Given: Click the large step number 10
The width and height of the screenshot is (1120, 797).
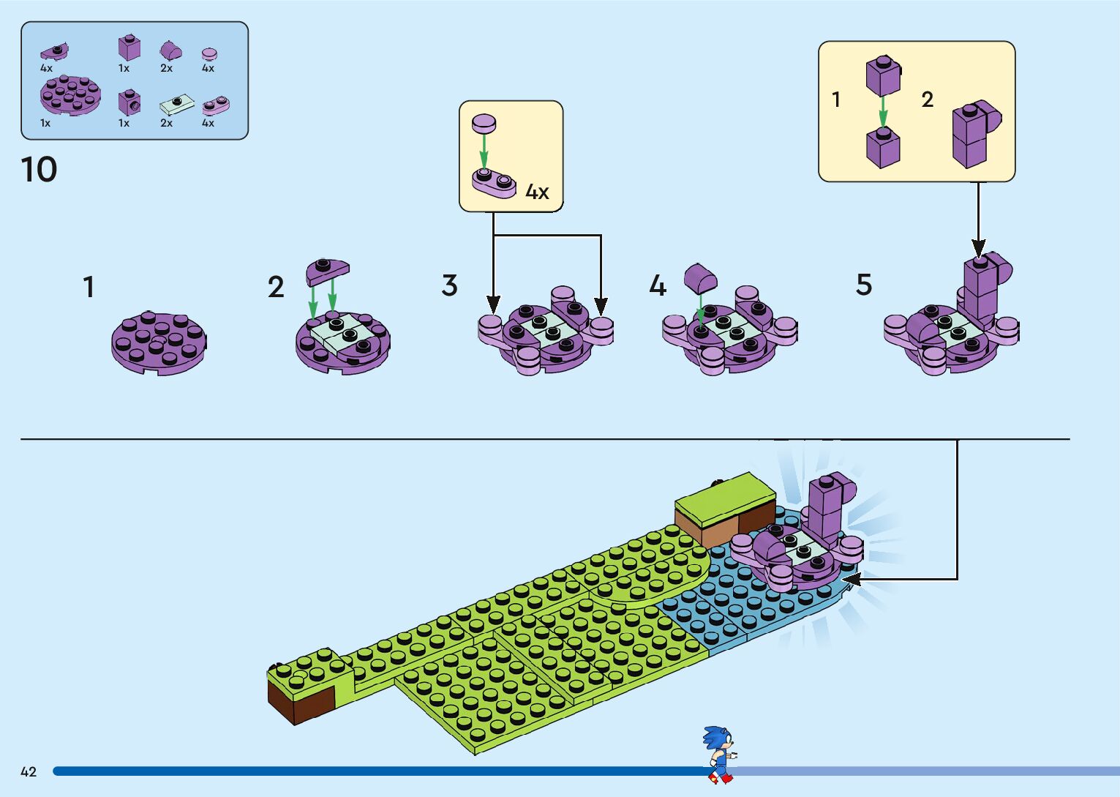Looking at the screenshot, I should click(40, 170).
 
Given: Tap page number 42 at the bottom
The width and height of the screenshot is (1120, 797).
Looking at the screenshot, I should click(29, 771).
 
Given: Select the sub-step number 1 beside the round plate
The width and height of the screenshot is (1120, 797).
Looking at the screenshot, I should click(89, 287).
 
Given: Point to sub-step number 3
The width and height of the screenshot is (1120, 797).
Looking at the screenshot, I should click(449, 285).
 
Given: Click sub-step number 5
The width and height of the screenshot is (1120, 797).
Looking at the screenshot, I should click(863, 285).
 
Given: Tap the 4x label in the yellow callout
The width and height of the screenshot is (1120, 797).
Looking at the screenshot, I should click(537, 192).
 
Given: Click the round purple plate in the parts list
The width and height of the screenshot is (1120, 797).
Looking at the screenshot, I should click(69, 95).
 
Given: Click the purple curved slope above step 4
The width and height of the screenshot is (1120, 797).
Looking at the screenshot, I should click(700, 278).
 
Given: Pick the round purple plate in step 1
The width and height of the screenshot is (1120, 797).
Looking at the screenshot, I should click(159, 343).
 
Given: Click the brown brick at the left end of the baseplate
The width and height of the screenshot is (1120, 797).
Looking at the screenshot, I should click(300, 703).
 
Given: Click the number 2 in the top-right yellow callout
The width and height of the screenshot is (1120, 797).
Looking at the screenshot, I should click(927, 100).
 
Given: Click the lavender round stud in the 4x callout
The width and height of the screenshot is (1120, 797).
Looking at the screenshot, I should click(484, 123).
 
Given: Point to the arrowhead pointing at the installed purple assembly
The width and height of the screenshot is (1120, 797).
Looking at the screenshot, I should click(851, 580).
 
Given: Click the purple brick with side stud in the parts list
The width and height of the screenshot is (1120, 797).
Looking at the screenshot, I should click(129, 102).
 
